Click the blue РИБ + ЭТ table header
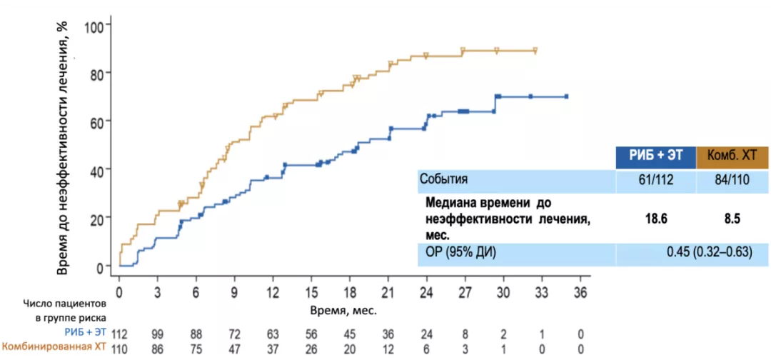tap(655, 156)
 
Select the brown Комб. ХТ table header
tap(732, 156)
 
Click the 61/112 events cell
tap(655, 180)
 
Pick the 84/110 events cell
tap(732, 180)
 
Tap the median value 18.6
tap(655, 219)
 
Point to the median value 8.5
tap(732, 219)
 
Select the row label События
tap(443, 180)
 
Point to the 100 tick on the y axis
tap(95, 26)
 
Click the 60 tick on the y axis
tap(98, 121)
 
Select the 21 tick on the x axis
tap(388, 293)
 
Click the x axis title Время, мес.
tap(343, 311)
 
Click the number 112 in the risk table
tap(119, 334)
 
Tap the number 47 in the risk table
tap(234, 348)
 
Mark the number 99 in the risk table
tap(157, 334)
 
